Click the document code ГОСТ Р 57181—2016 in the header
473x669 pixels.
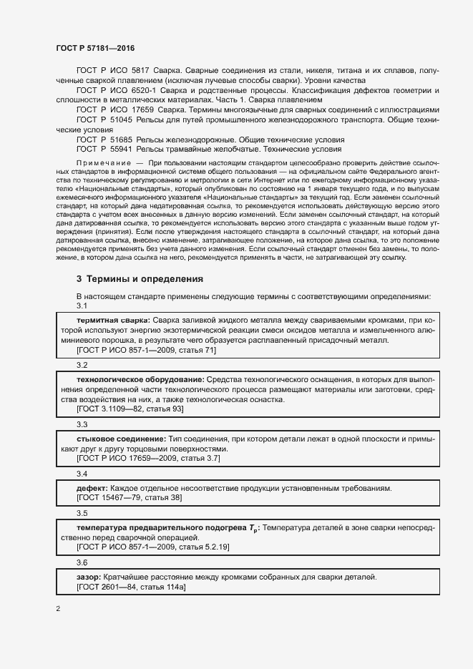(95, 48)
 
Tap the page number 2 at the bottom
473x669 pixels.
(58, 609)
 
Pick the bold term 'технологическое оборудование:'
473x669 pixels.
(140, 378)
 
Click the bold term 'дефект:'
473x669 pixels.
(92, 487)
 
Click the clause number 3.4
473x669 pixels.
(82, 474)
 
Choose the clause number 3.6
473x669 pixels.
(82, 562)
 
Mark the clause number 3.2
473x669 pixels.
(82, 365)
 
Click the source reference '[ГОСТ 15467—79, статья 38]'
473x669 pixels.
(129, 497)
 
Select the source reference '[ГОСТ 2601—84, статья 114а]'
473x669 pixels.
(131, 587)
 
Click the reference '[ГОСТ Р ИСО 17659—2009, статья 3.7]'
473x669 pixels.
(148, 458)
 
